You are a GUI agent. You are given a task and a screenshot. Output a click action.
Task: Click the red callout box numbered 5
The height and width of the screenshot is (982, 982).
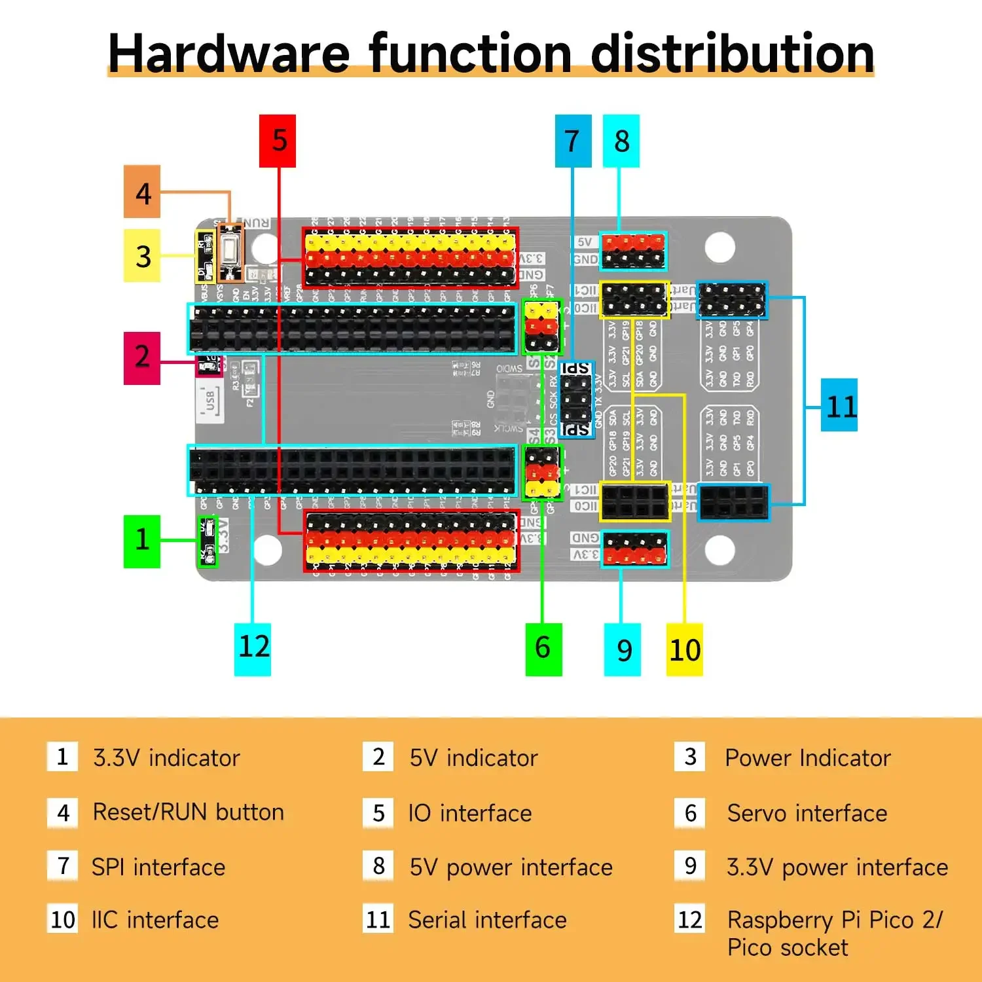click(278, 141)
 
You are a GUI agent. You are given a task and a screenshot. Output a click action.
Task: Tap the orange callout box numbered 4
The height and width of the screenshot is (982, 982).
click(142, 192)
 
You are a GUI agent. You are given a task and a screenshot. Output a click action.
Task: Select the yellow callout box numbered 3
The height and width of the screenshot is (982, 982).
click(142, 255)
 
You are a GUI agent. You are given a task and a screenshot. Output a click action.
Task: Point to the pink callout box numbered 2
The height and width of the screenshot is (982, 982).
click(142, 358)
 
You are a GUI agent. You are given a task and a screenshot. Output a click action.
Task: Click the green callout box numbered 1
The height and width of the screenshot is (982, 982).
click(142, 541)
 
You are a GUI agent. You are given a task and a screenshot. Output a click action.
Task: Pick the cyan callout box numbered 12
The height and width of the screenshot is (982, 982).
click(253, 649)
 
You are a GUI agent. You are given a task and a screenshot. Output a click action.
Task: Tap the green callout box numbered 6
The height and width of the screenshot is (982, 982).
click(543, 649)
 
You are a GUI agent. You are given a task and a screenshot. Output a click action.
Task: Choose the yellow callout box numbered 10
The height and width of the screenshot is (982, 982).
click(684, 650)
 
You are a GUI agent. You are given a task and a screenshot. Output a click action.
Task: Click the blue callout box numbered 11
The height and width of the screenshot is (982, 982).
click(839, 405)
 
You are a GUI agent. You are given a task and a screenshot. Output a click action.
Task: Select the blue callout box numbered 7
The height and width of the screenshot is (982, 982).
click(573, 141)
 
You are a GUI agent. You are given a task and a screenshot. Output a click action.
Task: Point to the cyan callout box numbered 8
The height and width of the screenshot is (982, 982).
click(621, 141)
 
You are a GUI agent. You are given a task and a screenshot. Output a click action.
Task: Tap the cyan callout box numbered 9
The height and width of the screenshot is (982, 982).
click(622, 650)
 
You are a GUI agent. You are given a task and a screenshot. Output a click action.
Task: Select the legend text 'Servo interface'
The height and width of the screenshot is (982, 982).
click(807, 813)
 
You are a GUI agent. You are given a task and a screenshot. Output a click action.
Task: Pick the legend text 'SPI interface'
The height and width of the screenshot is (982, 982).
click(158, 867)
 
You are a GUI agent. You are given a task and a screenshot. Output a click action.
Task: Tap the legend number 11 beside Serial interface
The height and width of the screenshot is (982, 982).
click(378, 920)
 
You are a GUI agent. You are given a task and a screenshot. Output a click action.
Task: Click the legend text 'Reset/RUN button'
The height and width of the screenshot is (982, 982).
click(189, 812)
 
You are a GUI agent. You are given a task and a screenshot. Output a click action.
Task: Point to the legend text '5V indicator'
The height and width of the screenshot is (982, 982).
click(473, 758)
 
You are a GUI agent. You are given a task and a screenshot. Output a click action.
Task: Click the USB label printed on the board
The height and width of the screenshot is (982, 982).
click(209, 399)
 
